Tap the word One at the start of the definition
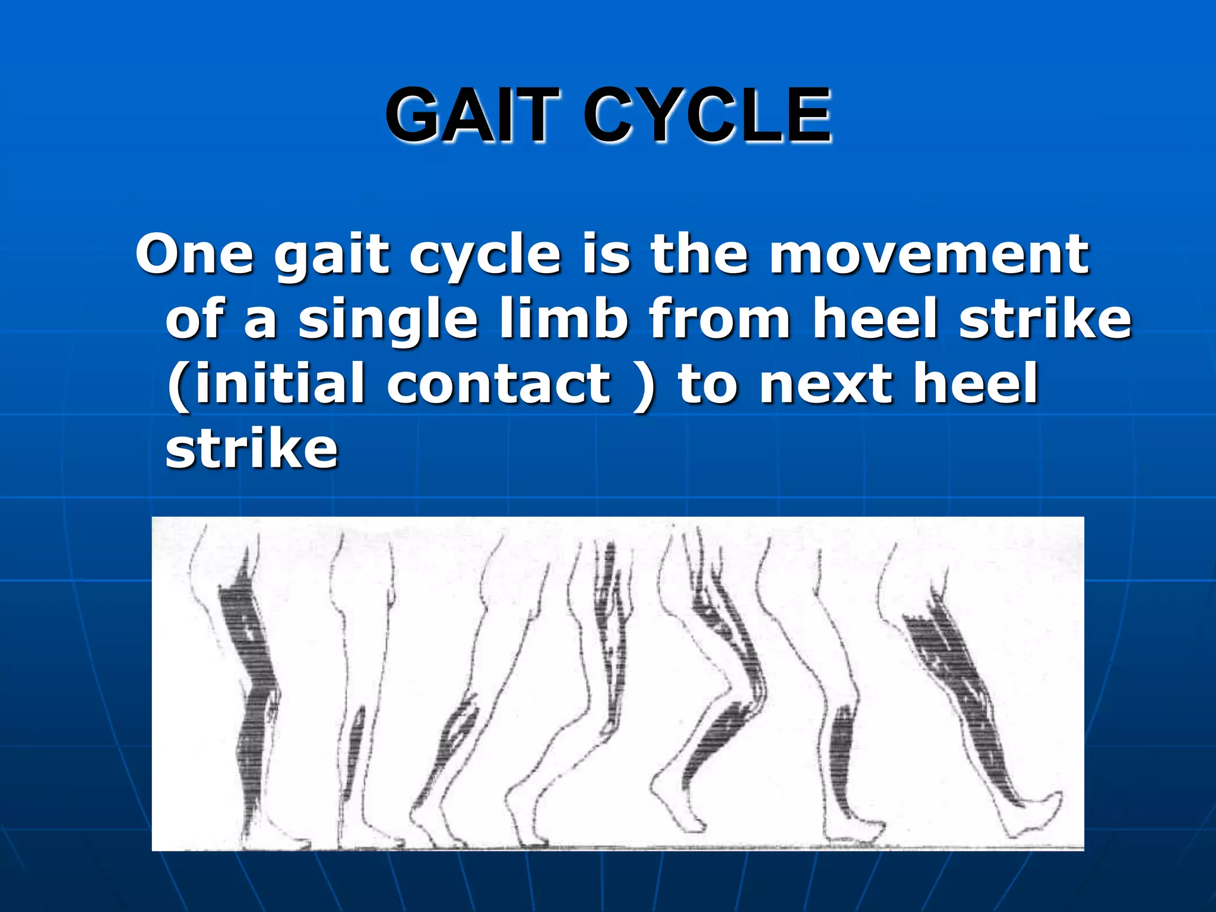tap(194, 255)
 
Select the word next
tap(826, 384)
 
